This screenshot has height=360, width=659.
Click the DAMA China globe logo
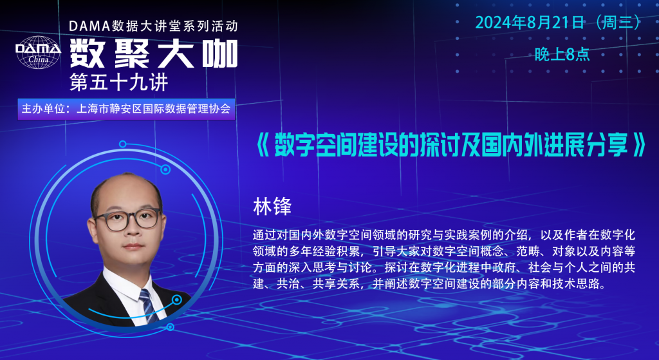tap(38, 52)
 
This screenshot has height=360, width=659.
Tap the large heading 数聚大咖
tap(154, 54)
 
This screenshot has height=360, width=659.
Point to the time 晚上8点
tap(562, 54)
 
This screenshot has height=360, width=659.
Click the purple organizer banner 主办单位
tap(126, 109)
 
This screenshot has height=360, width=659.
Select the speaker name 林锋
tap(272, 207)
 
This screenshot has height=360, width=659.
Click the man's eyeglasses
tap(128, 219)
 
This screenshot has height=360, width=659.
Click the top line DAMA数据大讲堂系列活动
tap(153, 26)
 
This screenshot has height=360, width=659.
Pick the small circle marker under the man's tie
tap(170, 327)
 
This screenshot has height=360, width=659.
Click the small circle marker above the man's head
tap(123, 144)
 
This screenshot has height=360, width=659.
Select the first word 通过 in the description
tap(261, 235)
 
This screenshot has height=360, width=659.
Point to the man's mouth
tap(133, 247)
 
